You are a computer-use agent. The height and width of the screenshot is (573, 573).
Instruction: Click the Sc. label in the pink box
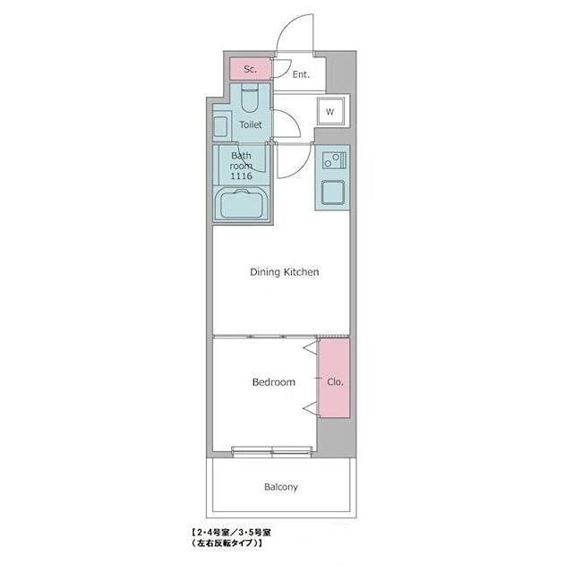coord(251,69)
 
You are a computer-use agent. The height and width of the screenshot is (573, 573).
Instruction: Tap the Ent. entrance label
coord(301,74)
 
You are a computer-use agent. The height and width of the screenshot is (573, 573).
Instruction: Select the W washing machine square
coord(330,111)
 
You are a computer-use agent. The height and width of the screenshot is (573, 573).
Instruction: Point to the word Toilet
coord(251,124)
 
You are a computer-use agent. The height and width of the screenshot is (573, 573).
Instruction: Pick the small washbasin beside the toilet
coord(220,126)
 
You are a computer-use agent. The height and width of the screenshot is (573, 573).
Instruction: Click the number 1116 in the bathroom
coord(241,175)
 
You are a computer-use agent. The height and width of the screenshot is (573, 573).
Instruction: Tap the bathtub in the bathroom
coord(242,204)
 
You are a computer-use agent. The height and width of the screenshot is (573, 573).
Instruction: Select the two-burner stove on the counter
coord(334,160)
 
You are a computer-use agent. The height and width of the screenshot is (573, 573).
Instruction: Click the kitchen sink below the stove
coord(333,192)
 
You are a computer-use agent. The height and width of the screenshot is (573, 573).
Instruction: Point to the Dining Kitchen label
coord(285,272)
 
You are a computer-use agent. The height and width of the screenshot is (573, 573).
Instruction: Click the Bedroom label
coord(274,382)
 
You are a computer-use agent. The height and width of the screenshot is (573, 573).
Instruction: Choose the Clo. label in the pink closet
coord(335,382)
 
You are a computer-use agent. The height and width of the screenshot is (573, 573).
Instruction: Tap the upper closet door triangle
coord(311,347)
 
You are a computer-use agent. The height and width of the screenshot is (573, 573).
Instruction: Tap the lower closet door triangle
coord(311,408)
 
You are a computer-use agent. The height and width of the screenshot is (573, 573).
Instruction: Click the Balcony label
coord(280,487)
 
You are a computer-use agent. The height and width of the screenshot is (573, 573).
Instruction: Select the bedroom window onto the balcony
coord(272,451)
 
